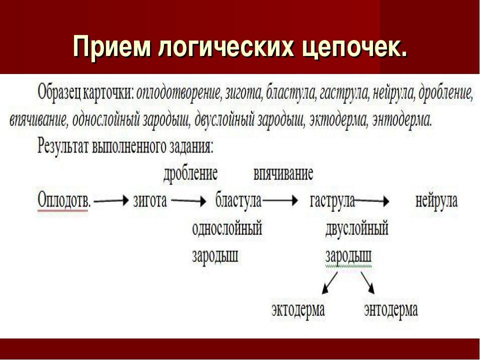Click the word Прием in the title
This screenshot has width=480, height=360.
(112, 46)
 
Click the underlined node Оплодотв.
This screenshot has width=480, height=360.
(64, 200)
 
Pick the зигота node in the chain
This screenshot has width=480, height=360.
(150, 201)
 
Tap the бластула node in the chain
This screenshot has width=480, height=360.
(238, 201)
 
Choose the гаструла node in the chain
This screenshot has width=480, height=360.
(332, 201)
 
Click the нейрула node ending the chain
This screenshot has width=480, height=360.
(436, 201)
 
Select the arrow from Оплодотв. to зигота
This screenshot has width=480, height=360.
(111, 201)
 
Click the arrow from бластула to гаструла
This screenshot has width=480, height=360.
(280, 201)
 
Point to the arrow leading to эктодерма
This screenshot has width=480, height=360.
(330, 283)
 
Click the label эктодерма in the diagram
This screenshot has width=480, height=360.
(298, 309)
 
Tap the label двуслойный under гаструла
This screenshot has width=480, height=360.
(357, 228)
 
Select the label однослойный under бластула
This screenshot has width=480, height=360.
(227, 228)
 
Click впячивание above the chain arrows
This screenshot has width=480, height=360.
(283, 174)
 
